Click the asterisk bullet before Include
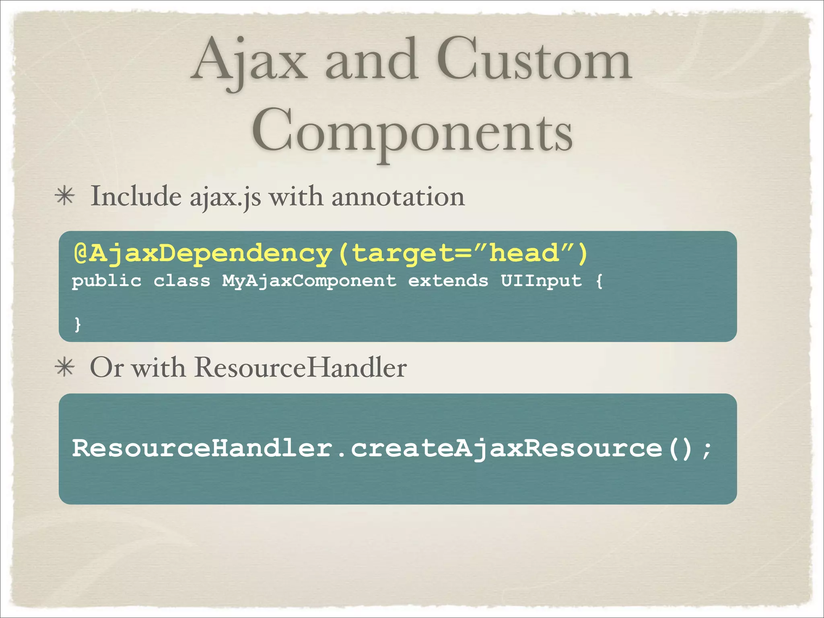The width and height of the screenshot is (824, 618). [x=65, y=197]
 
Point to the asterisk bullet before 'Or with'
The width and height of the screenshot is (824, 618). [x=65, y=368]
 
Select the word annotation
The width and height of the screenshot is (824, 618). [x=398, y=197]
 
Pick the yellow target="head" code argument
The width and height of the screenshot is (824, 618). [x=463, y=254]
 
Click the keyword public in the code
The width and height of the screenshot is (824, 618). [x=107, y=281]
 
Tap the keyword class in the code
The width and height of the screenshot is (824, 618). [x=182, y=281]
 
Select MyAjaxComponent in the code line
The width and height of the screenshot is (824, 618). [x=309, y=281]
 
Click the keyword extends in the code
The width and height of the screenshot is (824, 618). [x=448, y=281]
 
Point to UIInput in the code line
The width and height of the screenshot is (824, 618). [x=541, y=281]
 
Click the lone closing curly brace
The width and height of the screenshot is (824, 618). [x=78, y=324]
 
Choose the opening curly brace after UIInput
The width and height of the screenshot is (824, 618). [x=599, y=281]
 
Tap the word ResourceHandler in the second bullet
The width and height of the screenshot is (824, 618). [x=300, y=368]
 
